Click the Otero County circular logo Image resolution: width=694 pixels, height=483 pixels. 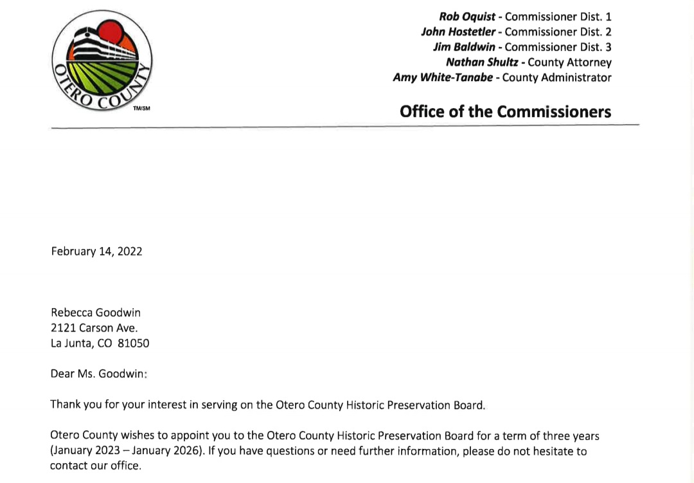[102, 60]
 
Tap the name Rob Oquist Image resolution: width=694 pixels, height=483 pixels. [467, 16]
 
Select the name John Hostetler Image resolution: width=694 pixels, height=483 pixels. [458, 32]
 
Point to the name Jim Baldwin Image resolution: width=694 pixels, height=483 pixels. [464, 47]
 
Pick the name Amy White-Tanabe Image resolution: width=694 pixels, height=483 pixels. [443, 78]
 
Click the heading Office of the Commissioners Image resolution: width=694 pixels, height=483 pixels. [505, 111]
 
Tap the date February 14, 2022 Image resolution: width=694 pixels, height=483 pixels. [96, 251]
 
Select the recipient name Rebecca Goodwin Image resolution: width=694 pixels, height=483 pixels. [95, 313]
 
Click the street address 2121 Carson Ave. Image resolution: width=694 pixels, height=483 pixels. [94, 328]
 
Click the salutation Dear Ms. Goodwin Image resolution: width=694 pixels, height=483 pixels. [99, 374]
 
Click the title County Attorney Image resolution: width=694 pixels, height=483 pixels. [569, 62]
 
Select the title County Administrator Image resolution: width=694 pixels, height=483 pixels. [556, 78]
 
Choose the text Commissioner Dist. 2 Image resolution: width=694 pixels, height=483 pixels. [558, 32]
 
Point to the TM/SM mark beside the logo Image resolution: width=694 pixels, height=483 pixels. [141, 108]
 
